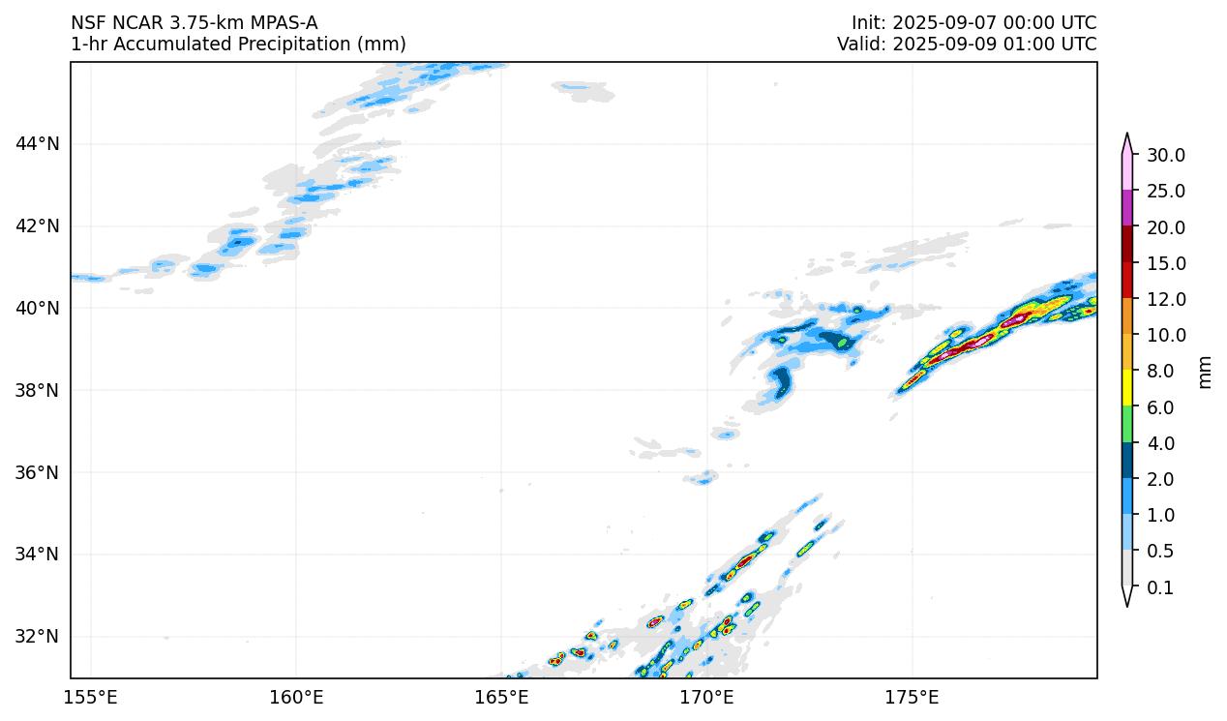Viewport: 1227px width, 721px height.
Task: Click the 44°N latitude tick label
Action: pos(37,144)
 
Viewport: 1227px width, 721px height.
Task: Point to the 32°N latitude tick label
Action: pos(37,636)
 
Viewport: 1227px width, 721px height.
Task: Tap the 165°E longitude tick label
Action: pos(501,697)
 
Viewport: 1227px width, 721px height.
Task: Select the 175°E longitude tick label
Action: pos(912,697)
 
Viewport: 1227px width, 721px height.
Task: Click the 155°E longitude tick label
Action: pos(91,697)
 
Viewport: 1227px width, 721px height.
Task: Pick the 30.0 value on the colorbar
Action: pos(1165,155)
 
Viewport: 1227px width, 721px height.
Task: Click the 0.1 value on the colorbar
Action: pos(1159,587)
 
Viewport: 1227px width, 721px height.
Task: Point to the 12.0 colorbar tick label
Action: pos(1165,299)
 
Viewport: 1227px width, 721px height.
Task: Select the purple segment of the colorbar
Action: pos(1127,208)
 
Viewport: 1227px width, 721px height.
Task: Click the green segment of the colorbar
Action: pos(1127,425)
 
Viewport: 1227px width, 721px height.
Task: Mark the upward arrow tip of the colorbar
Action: pos(1127,136)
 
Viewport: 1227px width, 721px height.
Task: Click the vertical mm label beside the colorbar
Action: pos(1205,372)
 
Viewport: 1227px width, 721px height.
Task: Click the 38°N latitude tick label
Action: pos(37,390)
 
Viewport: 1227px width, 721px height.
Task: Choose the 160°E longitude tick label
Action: pos(296,697)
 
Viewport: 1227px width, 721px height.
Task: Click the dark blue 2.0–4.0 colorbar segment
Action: pos(1127,461)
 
